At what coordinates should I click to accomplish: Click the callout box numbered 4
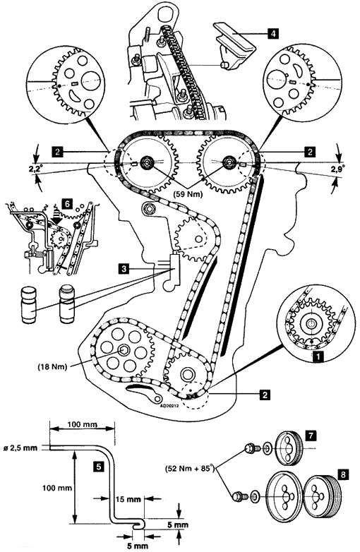[x=272, y=33]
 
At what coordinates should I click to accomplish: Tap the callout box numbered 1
[x=319, y=356]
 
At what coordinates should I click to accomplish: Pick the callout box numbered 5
[x=100, y=467]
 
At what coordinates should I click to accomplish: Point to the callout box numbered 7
[x=310, y=436]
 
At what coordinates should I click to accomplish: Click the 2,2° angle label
[x=37, y=169]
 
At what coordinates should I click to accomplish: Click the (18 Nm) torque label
[x=52, y=366]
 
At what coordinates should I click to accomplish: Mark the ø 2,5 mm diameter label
[x=23, y=448]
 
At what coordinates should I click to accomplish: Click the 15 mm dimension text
[x=128, y=499]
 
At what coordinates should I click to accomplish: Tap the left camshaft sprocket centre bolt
[x=145, y=162]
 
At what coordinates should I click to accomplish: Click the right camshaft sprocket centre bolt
[x=229, y=162]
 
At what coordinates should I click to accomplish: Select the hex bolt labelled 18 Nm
[x=124, y=350]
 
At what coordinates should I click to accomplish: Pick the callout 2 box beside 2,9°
[x=310, y=152]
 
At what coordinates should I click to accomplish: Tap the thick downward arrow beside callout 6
[x=55, y=215]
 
